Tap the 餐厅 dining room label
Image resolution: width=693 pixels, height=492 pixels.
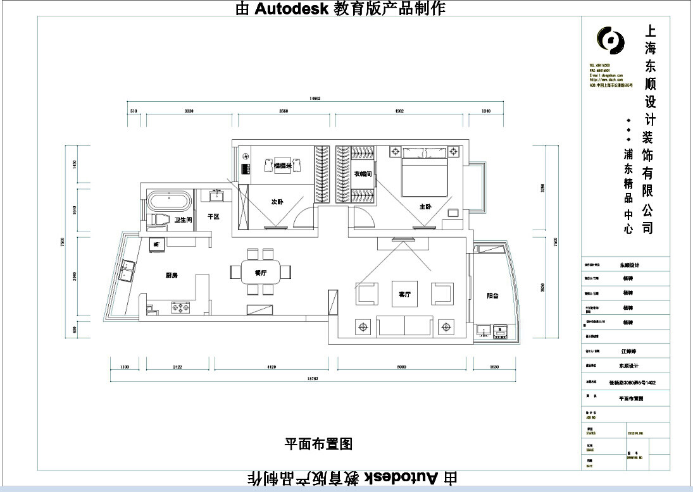259,273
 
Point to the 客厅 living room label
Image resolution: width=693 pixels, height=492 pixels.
405,295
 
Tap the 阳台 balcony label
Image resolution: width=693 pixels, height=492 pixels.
495,295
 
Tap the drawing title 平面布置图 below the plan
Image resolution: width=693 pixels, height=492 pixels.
318,444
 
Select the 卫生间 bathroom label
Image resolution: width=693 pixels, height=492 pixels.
183,220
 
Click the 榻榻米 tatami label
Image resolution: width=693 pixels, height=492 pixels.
282,166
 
